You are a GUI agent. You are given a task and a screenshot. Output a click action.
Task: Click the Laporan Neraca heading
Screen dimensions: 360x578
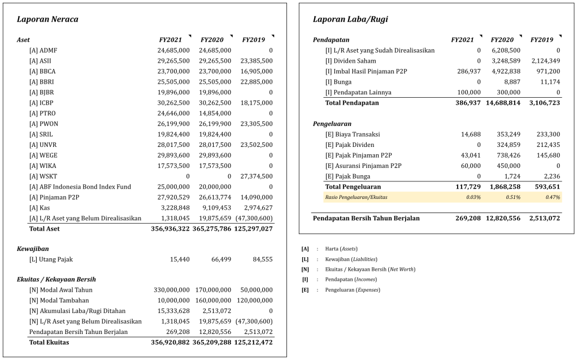(47, 19)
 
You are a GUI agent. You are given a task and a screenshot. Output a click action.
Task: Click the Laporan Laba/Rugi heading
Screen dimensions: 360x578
(350, 19)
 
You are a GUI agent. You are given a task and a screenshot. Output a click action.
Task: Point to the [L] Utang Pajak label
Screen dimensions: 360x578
(51, 259)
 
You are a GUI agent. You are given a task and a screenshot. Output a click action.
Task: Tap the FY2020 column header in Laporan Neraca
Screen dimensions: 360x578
(212, 40)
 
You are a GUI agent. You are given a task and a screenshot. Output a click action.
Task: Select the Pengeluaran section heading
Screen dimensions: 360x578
(332, 124)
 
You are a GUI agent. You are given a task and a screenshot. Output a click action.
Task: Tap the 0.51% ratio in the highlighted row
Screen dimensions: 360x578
(512, 197)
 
